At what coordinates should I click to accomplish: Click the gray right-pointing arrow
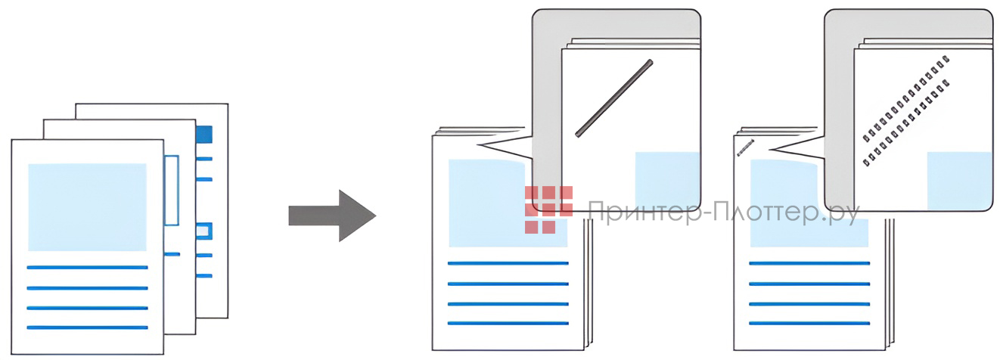point(331,216)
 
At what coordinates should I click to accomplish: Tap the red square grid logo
point(548,209)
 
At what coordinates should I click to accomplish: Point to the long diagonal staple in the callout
point(614,98)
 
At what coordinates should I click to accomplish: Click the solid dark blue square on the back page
point(203,135)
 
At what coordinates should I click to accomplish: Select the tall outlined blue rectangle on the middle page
point(172,190)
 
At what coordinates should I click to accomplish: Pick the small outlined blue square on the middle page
point(203,231)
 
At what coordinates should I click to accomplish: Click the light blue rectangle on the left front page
point(87,206)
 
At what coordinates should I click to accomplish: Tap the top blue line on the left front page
point(87,267)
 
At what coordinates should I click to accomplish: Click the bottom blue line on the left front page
point(87,327)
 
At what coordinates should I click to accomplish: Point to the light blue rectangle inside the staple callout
point(666,179)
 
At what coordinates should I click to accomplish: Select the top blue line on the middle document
point(508,263)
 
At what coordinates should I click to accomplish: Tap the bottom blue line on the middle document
point(508,323)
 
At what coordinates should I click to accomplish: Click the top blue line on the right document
point(809,263)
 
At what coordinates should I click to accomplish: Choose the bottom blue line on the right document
point(809,323)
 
